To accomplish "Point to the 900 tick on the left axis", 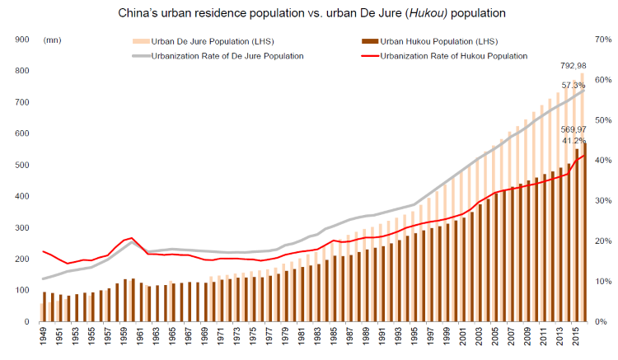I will (x=22, y=40).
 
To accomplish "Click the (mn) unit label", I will (x=52, y=40).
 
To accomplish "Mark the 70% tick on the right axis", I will (x=600, y=40).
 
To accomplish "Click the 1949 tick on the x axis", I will (x=44, y=337).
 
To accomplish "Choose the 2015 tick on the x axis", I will (x=581, y=337).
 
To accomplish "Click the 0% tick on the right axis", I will (x=601, y=322).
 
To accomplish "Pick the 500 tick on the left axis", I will (x=22, y=165).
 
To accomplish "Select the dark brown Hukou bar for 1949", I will (x=44, y=306).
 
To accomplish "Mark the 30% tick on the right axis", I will (x=600, y=201).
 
